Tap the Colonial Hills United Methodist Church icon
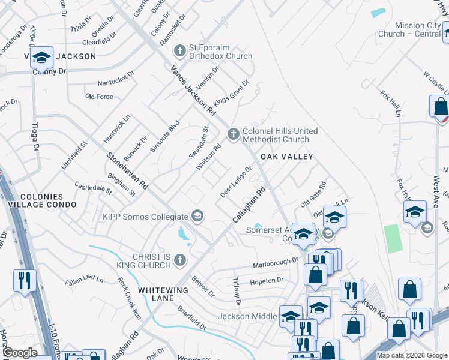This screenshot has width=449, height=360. click(233, 132)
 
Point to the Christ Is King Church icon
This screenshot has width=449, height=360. click(179, 259)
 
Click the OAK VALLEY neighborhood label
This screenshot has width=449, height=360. click(287, 157)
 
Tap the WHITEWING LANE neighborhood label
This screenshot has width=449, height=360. click(163, 290)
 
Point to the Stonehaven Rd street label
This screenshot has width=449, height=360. click(127, 167)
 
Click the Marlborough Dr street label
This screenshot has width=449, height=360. click(276, 262)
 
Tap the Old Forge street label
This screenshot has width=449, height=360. click(99, 96)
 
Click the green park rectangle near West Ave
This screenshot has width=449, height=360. click(391, 239)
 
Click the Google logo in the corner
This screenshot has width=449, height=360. click(20, 353)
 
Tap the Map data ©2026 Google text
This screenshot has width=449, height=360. click(411, 355)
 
